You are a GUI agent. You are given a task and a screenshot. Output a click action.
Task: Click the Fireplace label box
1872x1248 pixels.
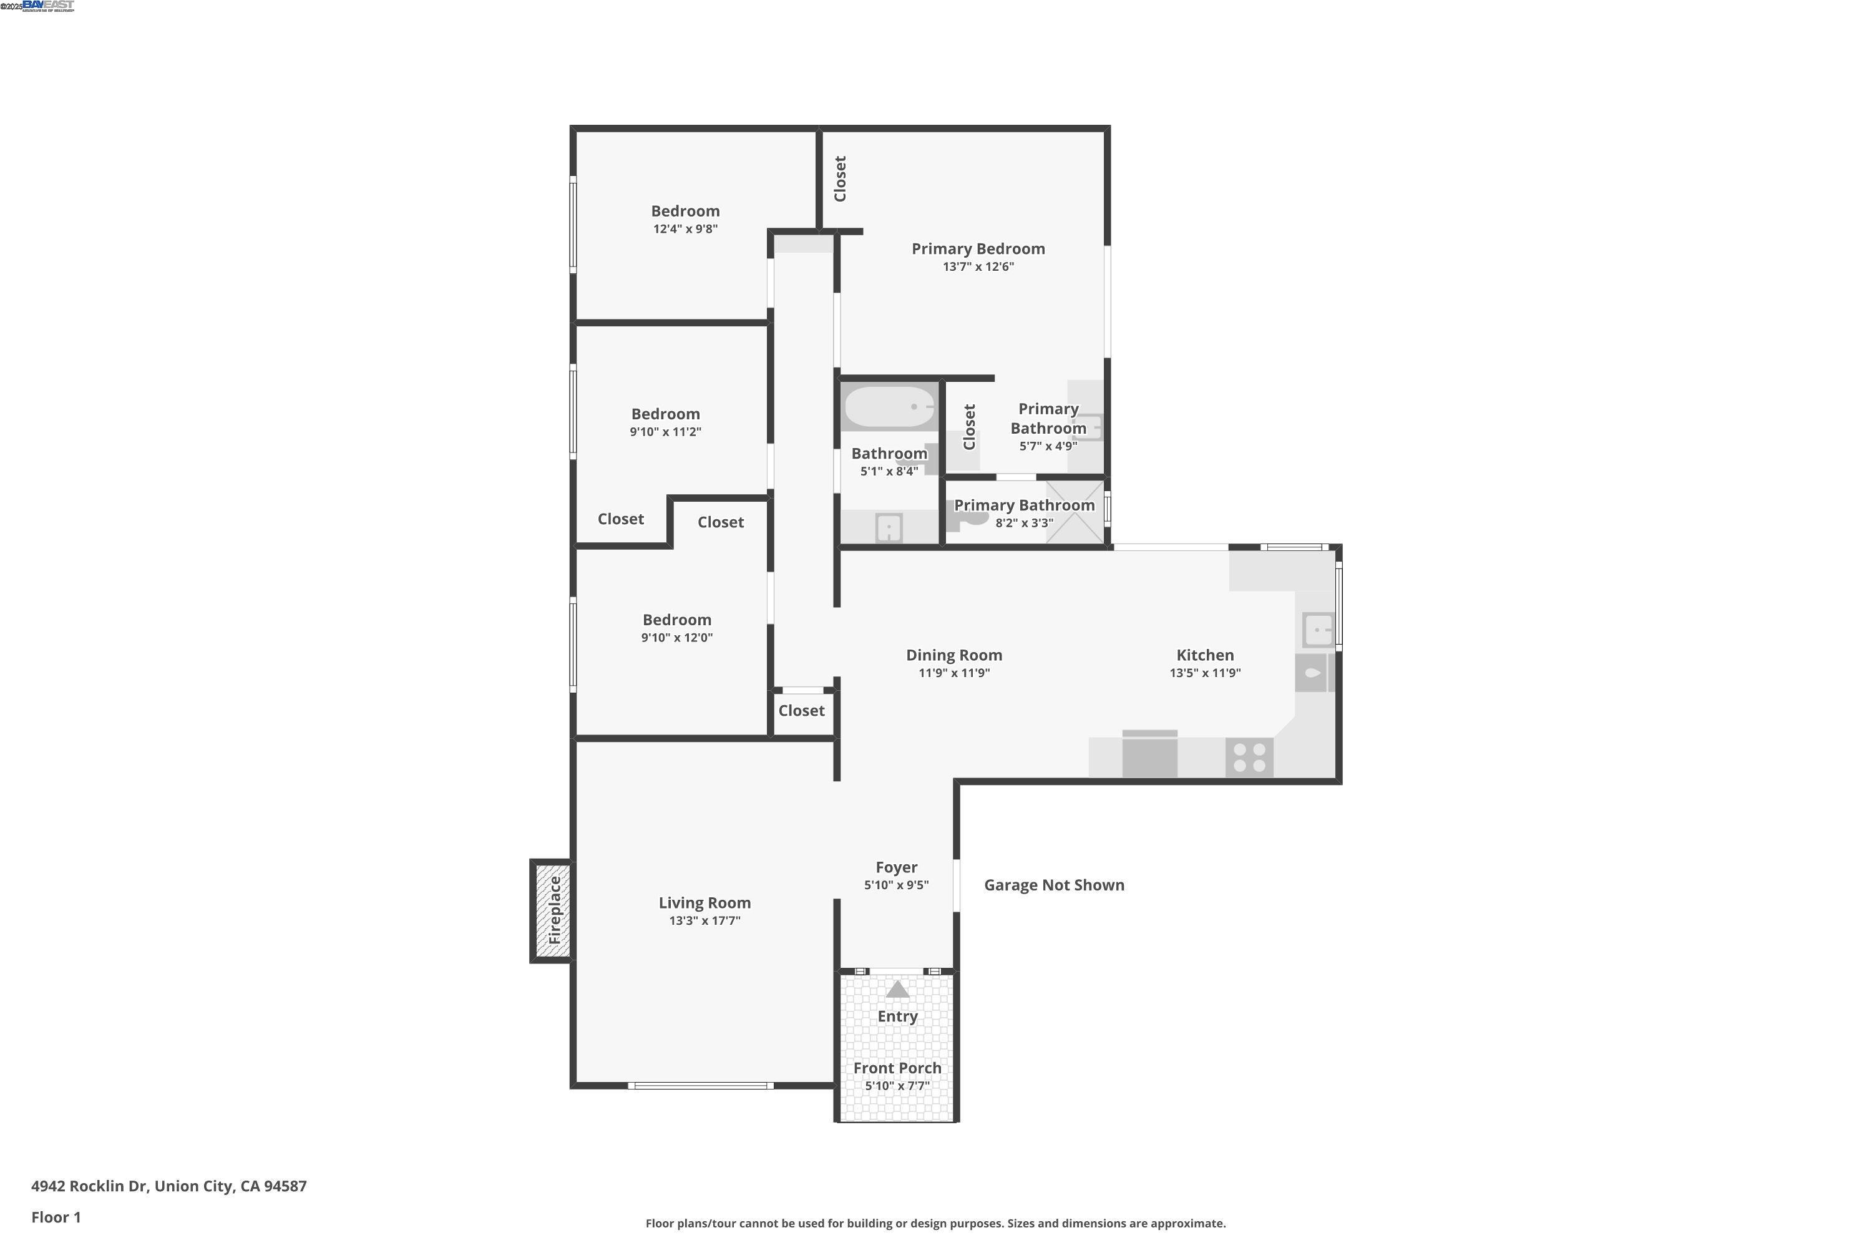click(x=552, y=910)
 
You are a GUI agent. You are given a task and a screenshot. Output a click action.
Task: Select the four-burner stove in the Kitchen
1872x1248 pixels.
click(x=1249, y=757)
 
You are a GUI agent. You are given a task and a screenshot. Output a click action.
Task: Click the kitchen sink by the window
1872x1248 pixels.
click(x=1317, y=630)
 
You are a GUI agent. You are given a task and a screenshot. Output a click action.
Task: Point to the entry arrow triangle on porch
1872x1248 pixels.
click(x=897, y=989)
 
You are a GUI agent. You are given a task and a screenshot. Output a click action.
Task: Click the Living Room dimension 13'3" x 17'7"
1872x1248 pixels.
click(x=704, y=921)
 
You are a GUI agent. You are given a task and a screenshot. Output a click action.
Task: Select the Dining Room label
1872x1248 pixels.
click(x=953, y=655)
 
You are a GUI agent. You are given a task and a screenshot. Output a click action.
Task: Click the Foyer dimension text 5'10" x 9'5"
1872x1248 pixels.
click(x=896, y=885)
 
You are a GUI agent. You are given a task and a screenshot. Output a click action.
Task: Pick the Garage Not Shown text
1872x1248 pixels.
click(x=1054, y=885)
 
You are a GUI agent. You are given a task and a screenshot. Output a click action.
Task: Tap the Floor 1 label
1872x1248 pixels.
click(x=56, y=1217)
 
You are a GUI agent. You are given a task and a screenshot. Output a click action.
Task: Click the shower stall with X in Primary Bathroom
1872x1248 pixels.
click(x=1075, y=512)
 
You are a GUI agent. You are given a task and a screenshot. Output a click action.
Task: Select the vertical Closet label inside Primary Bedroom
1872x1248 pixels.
click(x=840, y=178)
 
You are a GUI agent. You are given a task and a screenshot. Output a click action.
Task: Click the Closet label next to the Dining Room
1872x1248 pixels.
click(x=801, y=711)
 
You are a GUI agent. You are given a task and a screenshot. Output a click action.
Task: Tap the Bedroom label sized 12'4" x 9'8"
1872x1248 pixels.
click(x=685, y=211)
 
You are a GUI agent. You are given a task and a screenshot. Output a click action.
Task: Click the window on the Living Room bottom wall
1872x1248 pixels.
click(x=700, y=1086)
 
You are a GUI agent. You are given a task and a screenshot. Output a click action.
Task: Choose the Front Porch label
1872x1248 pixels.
click(x=897, y=1068)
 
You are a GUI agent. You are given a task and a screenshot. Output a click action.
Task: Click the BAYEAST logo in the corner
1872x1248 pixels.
click(x=48, y=6)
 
